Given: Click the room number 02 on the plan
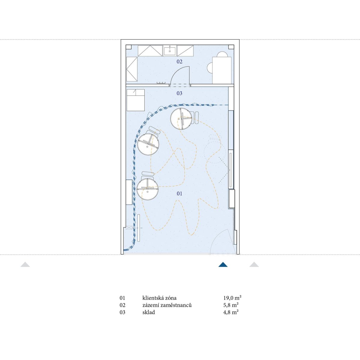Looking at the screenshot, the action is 179,61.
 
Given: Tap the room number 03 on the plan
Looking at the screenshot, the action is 179,93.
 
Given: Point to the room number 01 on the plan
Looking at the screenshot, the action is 179,194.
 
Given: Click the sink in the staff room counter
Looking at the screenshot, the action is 170,51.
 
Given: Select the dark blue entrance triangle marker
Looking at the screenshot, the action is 223,265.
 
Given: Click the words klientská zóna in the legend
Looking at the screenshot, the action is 159,298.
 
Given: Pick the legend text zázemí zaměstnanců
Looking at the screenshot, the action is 167,305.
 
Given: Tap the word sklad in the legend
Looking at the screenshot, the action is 148,312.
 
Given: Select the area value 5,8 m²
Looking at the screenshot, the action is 231,305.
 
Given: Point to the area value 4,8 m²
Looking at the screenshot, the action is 231,312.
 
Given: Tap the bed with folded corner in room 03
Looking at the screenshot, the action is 136,100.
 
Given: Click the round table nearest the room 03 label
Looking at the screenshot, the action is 181,118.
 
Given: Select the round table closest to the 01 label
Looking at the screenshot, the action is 148,189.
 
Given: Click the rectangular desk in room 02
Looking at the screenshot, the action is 222,70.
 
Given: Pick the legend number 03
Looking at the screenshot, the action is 122,312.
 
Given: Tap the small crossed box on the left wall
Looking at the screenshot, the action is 129,228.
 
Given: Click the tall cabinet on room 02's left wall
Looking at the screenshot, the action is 132,69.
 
